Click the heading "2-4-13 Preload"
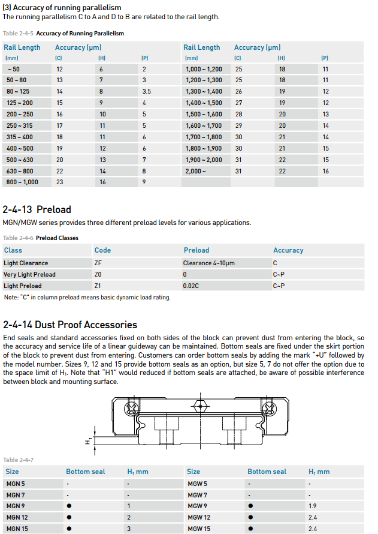[x=37, y=209]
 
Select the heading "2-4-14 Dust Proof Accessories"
[x=70, y=325]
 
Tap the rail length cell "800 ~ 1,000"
[x=22, y=182]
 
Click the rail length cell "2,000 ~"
[x=196, y=171]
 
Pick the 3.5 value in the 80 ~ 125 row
[x=146, y=91]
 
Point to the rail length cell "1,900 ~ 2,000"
[x=204, y=160]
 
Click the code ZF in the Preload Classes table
[x=98, y=263]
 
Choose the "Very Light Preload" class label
[x=29, y=274]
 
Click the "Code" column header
[x=102, y=250]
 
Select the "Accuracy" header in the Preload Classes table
[x=288, y=250]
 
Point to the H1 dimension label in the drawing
[x=87, y=442]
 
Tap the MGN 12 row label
[x=17, y=517]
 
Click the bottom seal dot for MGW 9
[x=250, y=506]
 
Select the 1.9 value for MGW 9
[x=312, y=506]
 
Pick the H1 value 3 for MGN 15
[x=129, y=529]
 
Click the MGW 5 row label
[x=197, y=484]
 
